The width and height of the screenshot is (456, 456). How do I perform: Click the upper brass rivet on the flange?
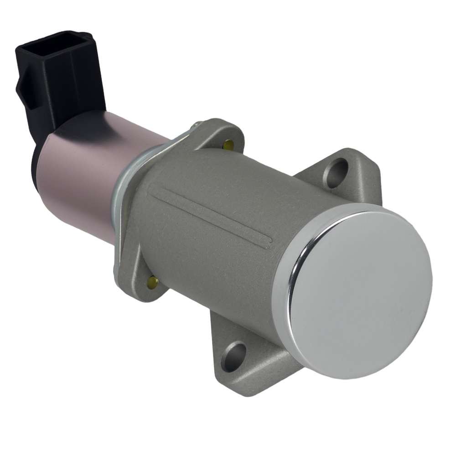[228, 145]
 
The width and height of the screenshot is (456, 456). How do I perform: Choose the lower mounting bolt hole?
[233, 355]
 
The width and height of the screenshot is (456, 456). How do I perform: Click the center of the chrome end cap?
[360, 292]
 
